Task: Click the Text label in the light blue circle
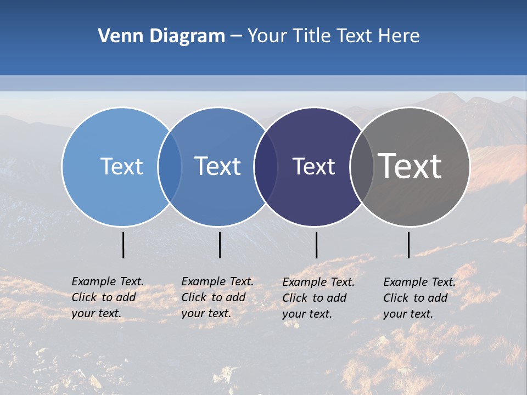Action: click(121, 166)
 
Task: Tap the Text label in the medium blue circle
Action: click(217, 166)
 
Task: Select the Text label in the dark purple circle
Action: click(313, 167)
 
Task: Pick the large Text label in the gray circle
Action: click(410, 166)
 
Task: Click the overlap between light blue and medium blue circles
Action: click(170, 167)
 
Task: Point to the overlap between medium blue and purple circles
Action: click(266, 167)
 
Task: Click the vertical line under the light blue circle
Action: click(124, 245)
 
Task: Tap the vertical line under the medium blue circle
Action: click(220, 245)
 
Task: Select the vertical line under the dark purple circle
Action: click(316, 245)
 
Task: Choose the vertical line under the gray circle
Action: click(408, 245)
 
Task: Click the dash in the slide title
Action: click(236, 37)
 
